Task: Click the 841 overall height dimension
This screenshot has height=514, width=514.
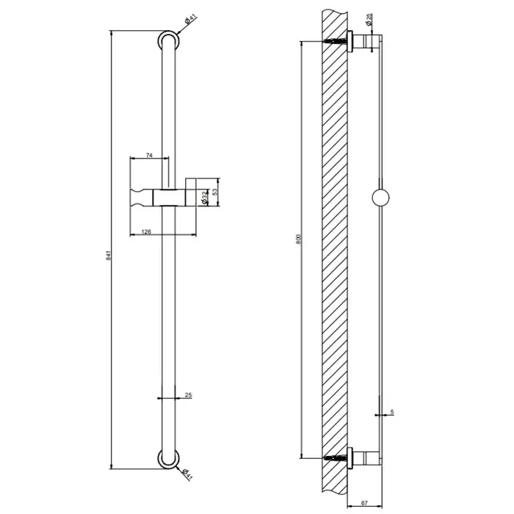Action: point(109,256)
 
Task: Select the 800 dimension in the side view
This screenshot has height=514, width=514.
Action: point(298,239)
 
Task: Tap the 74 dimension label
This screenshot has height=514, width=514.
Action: point(149,156)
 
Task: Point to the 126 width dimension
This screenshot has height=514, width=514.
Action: point(146,232)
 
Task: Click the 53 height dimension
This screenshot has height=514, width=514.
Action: point(214,192)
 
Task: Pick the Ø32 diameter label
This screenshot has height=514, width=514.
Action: point(205,198)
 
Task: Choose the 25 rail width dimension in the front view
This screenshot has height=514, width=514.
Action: point(188,395)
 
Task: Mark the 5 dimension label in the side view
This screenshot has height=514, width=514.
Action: point(392,412)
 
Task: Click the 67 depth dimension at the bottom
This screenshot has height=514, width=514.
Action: point(364,503)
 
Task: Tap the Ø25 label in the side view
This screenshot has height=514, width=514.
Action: point(369,19)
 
